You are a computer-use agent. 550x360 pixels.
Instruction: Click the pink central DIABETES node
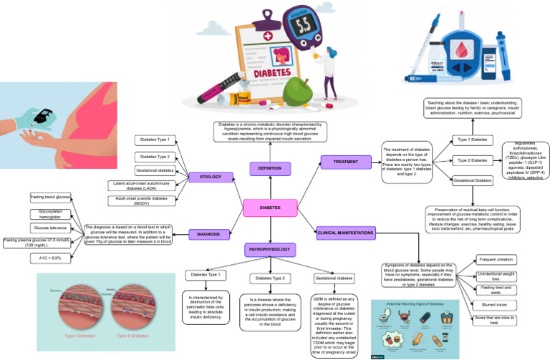tap(271, 208)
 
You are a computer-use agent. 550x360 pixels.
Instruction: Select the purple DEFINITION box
tap(271, 169)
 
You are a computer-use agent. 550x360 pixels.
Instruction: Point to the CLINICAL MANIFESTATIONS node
tap(345, 232)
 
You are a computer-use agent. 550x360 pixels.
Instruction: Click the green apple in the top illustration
tap(297, 92)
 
